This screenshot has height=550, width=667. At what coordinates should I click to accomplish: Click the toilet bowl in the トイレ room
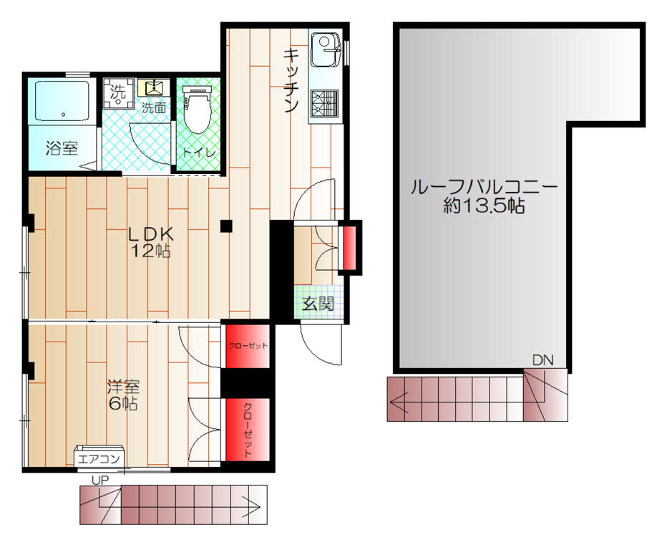tap(197, 110)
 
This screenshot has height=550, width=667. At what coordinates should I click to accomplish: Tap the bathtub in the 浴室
tap(62, 101)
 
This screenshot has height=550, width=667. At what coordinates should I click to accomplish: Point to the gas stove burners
tap(324, 103)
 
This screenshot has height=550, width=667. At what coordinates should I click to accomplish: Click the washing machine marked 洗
tap(119, 93)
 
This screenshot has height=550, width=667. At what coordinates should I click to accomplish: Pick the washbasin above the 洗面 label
tap(153, 87)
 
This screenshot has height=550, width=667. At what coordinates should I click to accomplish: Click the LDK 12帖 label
tap(151, 242)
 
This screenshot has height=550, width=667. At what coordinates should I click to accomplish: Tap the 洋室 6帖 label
tap(123, 395)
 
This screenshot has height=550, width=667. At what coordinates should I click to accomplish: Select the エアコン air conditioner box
tap(99, 459)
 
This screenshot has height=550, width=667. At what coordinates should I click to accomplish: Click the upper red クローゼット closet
tap(248, 346)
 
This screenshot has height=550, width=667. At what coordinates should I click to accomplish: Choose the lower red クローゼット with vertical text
tap(248, 430)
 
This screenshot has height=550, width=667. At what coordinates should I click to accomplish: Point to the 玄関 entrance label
tap(318, 304)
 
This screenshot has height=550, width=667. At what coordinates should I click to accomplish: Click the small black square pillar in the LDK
tap(226, 226)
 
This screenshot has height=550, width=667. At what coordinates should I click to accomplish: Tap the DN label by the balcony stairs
tap(542, 360)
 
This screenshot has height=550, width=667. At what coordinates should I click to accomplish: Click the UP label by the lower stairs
tap(100, 481)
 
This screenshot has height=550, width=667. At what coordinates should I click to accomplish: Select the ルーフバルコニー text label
tap(484, 188)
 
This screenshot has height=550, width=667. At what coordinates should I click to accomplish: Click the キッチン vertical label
tap(291, 80)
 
